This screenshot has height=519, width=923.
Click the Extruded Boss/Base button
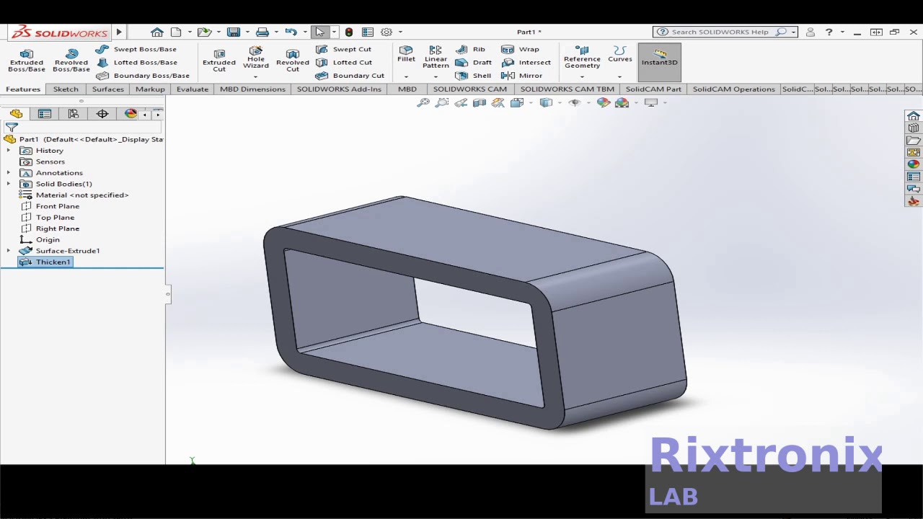pos(27,60)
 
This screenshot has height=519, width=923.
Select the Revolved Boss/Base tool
pos(71,60)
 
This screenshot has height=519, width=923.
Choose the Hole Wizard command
pos(256,58)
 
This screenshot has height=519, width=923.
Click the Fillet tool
pos(406,54)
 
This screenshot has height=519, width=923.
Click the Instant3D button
pos(659,57)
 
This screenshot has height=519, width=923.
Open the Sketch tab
pos(66,89)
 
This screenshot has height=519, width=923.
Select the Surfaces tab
pos(108,89)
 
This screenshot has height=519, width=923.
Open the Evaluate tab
pos(193,89)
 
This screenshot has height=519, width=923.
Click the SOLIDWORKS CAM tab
pos(469,89)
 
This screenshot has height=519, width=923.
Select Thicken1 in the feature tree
pos(53,262)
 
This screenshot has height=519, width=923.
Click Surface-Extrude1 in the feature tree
pos(67,251)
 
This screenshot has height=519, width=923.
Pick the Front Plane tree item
pos(57,206)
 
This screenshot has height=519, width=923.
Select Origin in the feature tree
pos(48,239)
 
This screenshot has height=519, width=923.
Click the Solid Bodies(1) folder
pos(63,184)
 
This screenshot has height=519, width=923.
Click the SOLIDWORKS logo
pos(59,32)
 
